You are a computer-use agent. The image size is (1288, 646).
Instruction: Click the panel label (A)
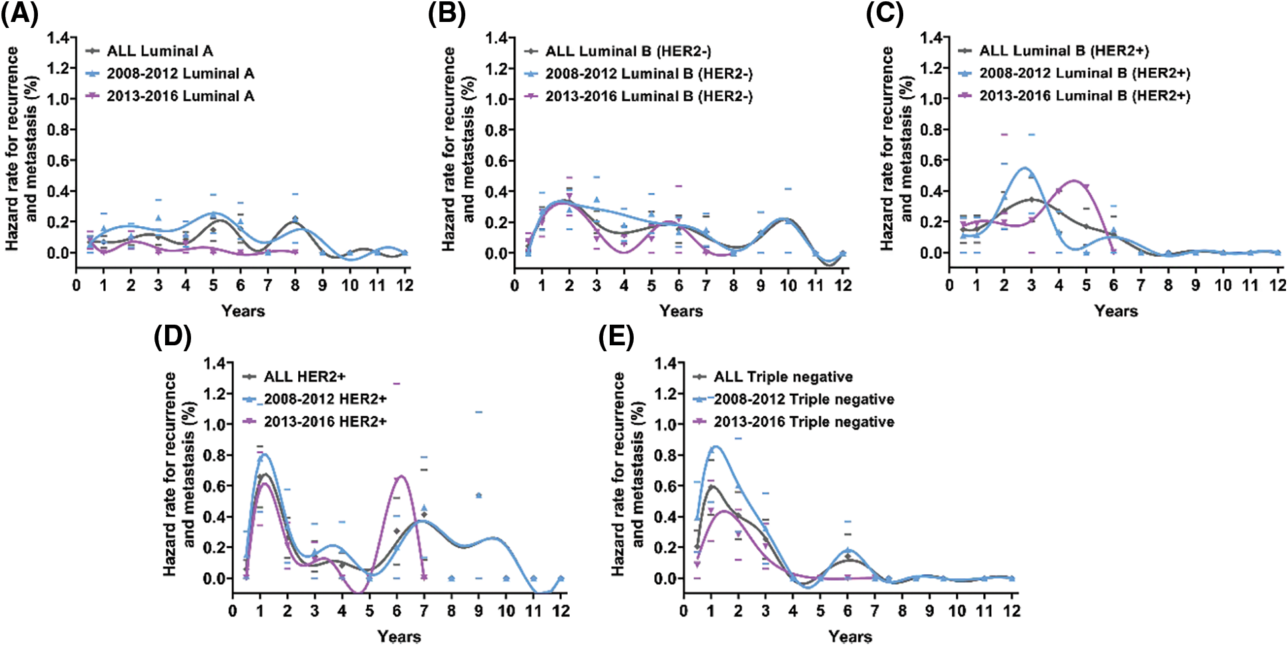[x=19, y=13]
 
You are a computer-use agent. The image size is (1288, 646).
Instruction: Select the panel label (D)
[x=172, y=337]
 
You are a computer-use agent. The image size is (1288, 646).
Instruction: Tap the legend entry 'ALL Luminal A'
[x=160, y=51]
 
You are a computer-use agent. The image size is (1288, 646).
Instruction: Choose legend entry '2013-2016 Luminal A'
[x=180, y=96]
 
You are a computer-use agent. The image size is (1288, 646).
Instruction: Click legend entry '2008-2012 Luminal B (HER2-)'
[x=649, y=74]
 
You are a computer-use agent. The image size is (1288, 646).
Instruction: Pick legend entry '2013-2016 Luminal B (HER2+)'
[x=1084, y=96]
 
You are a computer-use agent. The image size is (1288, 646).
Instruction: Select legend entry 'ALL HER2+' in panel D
[x=304, y=377]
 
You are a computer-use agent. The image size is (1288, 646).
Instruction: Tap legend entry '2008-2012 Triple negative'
[x=803, y=399]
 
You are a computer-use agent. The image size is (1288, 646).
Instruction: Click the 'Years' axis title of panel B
[x=681, y=311]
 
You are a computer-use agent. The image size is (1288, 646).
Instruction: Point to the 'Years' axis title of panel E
[x=850, y=636]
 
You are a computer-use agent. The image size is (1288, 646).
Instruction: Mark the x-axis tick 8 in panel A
[x=295, y=285]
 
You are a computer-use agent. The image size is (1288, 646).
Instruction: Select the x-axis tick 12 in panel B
[x=843, y=285]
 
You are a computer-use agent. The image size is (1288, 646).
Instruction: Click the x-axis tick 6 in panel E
[x=847, y=611]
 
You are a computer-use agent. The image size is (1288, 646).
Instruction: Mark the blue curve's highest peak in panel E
[x=715, y=446]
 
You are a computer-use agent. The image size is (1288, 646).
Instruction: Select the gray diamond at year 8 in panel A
[x=295, y=219]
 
